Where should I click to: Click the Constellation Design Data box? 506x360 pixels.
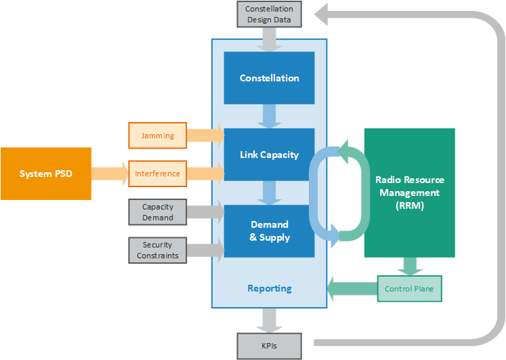coord(269,14)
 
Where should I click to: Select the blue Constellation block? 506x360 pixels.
coord(269,78)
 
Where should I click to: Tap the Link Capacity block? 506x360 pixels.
coord(269,155)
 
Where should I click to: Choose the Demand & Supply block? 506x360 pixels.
coord(269,231)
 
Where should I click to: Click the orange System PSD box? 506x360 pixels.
coord(45,174)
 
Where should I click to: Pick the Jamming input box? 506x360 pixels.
coord(157,136)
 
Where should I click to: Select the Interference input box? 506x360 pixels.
coord(157,174)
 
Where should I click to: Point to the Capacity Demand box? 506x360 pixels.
coord(157,212)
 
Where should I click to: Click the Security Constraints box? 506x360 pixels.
coord(157,250)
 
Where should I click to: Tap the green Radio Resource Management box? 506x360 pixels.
coord(409,193)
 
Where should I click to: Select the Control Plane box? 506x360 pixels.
coord(409,289)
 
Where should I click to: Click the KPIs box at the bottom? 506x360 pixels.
coord(269,346)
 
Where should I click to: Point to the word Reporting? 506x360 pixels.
coord(269,288)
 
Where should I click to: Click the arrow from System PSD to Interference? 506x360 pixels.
coord(109,174)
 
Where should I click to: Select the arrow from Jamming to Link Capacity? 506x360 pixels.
coord(205,136)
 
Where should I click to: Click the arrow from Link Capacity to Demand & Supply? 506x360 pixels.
coord(269,193)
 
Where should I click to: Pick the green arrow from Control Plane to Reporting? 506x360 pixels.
coord(351,289)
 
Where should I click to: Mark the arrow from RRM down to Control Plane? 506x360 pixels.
coord(409,266)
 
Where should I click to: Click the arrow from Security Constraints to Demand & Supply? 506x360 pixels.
coord(205,250)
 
